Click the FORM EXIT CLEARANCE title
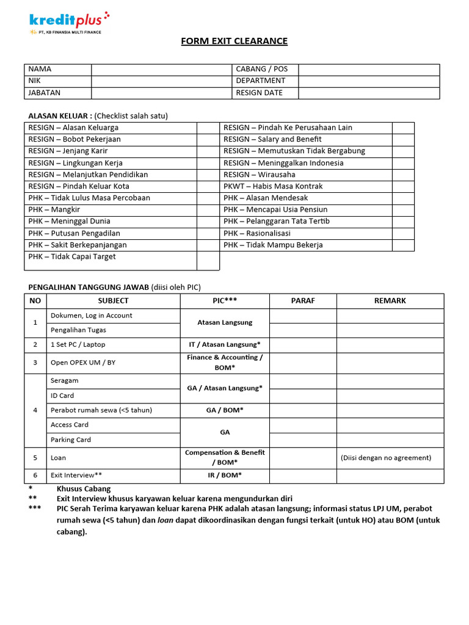[x=234, y=42]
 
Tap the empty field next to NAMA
[x=161, y=70]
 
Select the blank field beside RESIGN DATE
[x=369, y=93]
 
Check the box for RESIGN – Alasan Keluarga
[x=208, y=128]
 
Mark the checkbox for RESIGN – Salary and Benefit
[x=402, y=140]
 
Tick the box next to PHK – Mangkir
[x=208, y=210]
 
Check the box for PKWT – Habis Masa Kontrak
[x=402, y=187]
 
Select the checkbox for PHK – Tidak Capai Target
[x=208, y=261]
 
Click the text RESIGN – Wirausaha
[x=259, y=175]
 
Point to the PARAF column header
[x=303, y=301]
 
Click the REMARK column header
[x=390, y=301]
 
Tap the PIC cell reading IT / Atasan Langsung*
[x=225, y=345]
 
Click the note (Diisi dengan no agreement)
[x=386, y=458]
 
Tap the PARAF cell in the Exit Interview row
[x=303, y=475]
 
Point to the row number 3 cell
[x=35, y=363]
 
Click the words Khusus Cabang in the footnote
[x=84, y=489]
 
